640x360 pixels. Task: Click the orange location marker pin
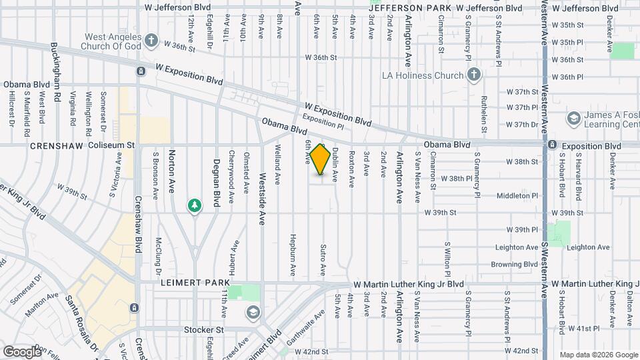click(x=321, y=159)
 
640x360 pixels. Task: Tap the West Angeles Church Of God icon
click(x=151, y=40)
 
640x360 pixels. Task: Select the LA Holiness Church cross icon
click(x=473, y=75)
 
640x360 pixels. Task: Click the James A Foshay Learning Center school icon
click(x=573, y=119)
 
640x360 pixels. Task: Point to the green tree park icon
click(x=195, y=205)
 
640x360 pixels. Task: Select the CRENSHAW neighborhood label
click(x=53, y=145)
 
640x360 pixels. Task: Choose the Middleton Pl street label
click(x=517, y=196)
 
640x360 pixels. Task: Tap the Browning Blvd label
click(x=515, y=264)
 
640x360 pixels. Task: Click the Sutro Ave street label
click(x=322, y=260)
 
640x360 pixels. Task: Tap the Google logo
click(x=23, y=351)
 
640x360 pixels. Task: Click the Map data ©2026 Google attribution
click(x=597, y=355)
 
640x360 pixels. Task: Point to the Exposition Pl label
click(x=323, y=120)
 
